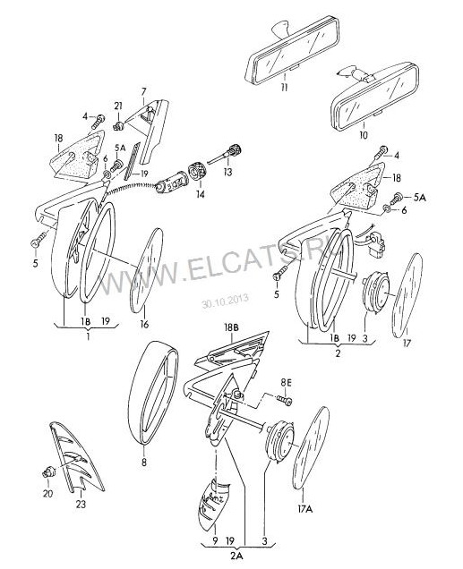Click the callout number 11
(x=284, y=88)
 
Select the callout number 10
(x=363, y=135)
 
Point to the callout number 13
(x=227, y=171)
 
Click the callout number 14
(x=201, y=194)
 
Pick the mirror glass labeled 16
(x=147, y=270)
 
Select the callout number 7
(x=143, y=91)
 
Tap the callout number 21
(x=118, y=106)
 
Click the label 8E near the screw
(x=286, y=382)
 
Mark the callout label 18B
(x=231, y=327)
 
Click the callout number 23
(x=81, y=504)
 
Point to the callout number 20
(x=48, y=493)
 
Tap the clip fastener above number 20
(x=48, y=472)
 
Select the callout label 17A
(x=305, y=509)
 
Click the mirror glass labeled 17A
(x=311, y=448)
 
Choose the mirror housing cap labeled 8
(x=152, y=392)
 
